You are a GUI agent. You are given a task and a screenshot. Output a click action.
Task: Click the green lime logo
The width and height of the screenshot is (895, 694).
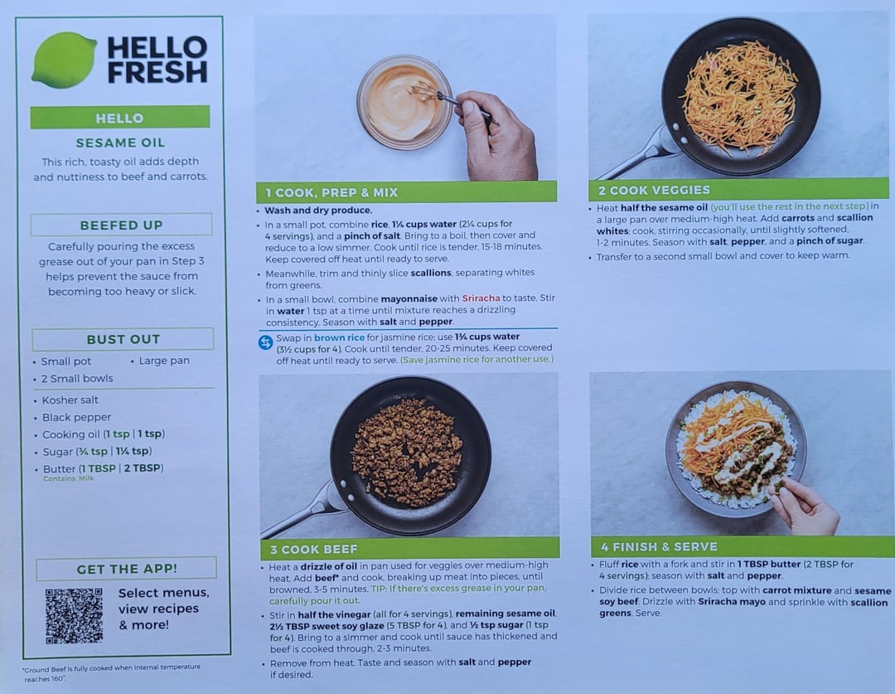(x=64, y=60)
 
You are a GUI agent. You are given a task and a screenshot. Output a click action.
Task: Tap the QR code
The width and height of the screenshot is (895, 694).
(x=75, y=616)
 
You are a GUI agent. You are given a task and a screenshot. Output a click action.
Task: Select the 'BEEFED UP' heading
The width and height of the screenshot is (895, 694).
(x=122, y=225)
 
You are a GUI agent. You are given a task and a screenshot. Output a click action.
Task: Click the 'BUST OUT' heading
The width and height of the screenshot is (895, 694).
(x=123, y=339)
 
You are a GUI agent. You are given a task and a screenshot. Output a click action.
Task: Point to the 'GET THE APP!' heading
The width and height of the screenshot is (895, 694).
(x=127, y=569)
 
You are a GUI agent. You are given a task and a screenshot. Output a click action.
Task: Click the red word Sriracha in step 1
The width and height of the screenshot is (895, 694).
(x=481, y=298)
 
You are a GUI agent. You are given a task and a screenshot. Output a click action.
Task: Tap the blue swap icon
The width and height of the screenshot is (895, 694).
(x=265, y=342)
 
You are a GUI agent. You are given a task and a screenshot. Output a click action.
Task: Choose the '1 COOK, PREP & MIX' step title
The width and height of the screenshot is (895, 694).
(x=331, y=192)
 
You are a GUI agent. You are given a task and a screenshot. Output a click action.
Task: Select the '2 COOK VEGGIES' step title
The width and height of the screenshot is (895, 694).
(x=654, y=190)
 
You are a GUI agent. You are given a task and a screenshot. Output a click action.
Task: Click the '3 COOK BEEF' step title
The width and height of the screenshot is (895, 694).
(x=313, y=550)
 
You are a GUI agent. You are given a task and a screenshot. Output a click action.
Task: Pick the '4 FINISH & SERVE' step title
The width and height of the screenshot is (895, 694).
(x=659, y=546)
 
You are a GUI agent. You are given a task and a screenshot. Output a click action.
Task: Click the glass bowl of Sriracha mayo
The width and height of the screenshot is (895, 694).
(x=404, y=102)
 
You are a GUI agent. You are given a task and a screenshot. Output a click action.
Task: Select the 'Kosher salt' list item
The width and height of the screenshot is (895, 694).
(x=70, y=400)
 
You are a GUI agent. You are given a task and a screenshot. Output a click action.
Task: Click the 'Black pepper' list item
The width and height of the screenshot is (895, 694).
(x=76, y=418)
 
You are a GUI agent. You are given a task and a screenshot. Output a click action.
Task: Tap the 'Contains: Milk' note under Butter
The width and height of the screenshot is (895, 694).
(x=69, y=478)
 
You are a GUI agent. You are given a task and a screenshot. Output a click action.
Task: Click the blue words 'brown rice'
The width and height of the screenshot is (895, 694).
(x=339, y=337)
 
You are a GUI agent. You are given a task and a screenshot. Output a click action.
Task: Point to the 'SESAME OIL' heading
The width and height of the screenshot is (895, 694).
(x=120, y=143)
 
